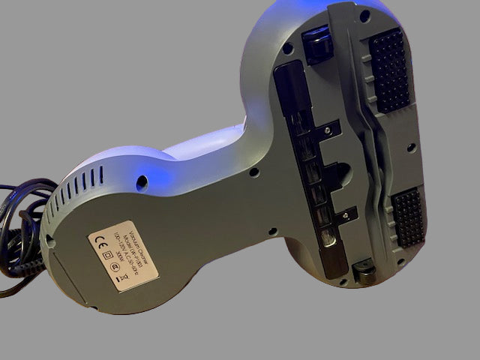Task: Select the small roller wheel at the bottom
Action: [364, 269]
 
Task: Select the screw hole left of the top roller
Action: [287, 51]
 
